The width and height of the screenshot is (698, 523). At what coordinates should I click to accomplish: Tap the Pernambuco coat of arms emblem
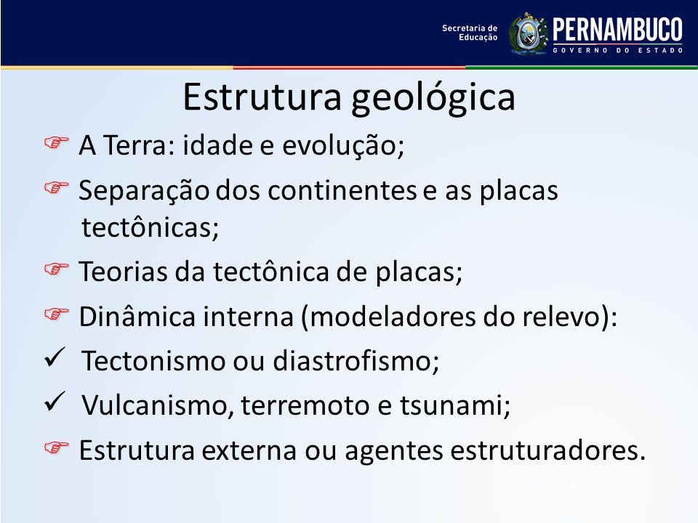529,34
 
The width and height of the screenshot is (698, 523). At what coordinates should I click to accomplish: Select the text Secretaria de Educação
470,33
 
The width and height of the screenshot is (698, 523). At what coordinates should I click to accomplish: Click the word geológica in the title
433,98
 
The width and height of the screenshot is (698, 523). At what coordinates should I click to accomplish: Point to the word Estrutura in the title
262,96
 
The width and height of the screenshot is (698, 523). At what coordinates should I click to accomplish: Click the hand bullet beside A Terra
57,142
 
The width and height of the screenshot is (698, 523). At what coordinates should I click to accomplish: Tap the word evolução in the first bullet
343,145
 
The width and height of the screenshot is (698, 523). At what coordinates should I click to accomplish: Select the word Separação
144,191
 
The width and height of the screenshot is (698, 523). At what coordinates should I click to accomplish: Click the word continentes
342,190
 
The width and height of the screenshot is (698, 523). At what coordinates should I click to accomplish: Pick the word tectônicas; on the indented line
151,227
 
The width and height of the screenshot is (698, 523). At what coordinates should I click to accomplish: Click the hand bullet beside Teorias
57,269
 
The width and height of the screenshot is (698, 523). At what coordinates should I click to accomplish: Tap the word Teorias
124,271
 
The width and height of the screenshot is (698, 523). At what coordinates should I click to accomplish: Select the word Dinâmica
137,316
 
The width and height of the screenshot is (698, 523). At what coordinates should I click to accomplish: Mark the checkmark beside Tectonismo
55,357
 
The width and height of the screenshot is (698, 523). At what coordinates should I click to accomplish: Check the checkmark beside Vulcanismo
55,402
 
